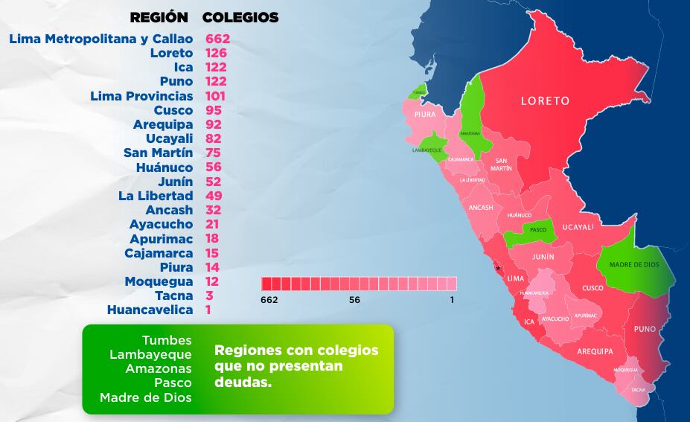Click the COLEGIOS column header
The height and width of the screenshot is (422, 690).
(x=240, y=17)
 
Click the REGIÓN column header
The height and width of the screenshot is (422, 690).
(x=159, y=17)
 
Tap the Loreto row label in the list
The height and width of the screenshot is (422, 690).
(x=171, y=53)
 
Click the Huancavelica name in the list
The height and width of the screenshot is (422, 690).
(x=150, y=310)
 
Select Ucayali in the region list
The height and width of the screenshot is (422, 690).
(x=170, y=138)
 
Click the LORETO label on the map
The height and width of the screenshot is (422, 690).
(x=545, y=100)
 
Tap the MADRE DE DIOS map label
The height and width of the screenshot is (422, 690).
(x=633, y=265)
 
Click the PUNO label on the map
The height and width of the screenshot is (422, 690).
(x=645, y=328)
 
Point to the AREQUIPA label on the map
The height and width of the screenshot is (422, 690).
(x=594, y=351)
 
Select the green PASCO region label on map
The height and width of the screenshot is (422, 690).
(x=538, y=230)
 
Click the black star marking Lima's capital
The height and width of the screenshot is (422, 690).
(x=499, y=269)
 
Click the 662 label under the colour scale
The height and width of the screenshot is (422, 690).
(x=269, y=299)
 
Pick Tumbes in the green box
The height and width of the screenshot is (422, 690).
(x=167, y=340)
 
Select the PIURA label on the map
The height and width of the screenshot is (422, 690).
(x=425, y=115)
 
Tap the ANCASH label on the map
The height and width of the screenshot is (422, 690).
(x=481, y=208)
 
